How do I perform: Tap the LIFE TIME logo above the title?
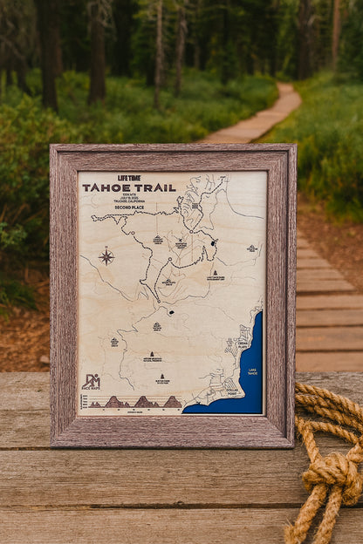(x=128, y=178)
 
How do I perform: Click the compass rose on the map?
(x=106, y=256)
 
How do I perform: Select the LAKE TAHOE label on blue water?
(x=252, y=371)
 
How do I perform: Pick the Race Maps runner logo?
(x=91, y=382)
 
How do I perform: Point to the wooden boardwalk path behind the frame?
(x=262, y=118)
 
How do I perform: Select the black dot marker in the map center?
(x=171, y=311)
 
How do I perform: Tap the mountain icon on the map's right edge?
(x=251, y=248)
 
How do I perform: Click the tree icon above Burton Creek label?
(x=162, y=376)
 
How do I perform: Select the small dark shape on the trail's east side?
(x=213, y=242)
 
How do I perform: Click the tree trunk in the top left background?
(x=48, y=52)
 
